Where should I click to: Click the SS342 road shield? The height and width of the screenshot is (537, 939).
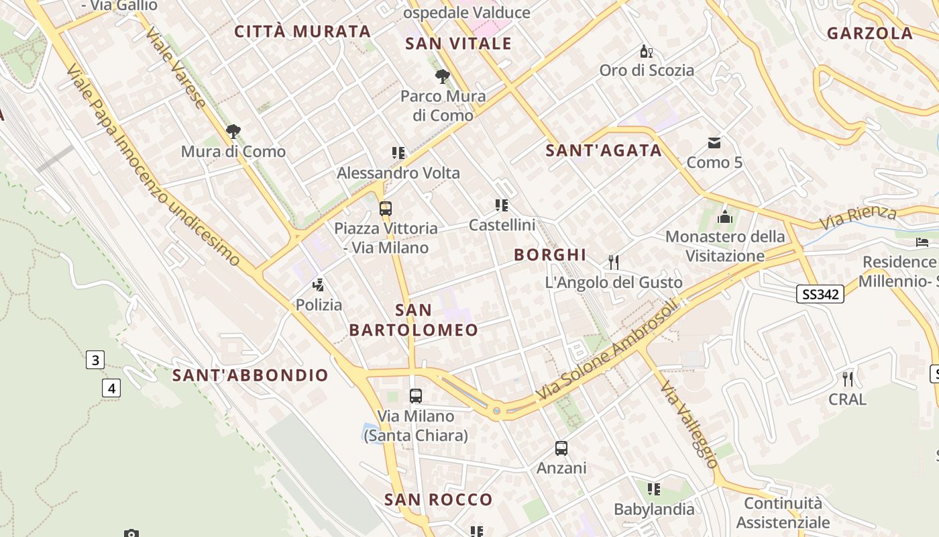tap(820, 294)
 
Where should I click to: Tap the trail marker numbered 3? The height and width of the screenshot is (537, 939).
tap(95, 360)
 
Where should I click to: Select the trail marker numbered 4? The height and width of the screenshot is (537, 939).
tap(111, 388)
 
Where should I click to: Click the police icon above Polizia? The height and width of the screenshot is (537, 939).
tap(319, 285)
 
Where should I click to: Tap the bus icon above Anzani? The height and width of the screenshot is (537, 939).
tap(561, 448)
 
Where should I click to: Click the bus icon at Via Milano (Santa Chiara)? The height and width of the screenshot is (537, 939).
tap(416, 396)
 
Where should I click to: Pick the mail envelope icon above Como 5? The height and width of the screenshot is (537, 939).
tap(714, 142)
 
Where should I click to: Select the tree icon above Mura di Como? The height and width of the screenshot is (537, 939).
tap(233, 132)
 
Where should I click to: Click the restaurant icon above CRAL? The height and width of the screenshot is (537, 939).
tap(848, 379)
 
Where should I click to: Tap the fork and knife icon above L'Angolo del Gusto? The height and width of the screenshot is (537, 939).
tap(614, 262)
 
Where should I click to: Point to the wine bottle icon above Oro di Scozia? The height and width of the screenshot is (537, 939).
tap(646, 51)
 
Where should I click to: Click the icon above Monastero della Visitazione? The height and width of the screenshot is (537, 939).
tap(724, 217)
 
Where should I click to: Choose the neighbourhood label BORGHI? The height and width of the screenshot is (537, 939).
tap(550, 255)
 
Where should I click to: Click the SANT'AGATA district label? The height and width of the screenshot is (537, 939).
tap(604, 151)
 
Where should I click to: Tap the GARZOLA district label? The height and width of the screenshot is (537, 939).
tap(870, 34)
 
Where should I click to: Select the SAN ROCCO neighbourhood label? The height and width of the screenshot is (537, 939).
tap(438, 499)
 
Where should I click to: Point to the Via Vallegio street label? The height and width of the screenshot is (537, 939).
tap(689, 425)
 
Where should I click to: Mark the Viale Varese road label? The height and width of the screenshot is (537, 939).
tap(175, 67)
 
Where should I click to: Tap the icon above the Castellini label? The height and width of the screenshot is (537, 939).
tap(502, 205)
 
